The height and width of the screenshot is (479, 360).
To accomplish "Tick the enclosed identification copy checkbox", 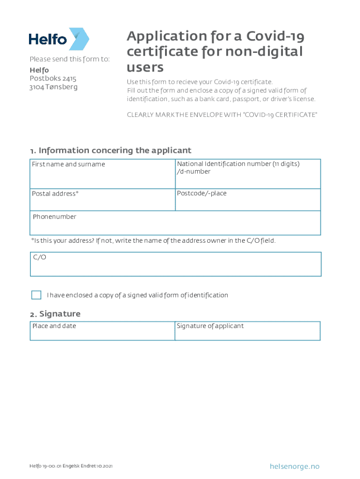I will pyautogui.click(x=36, y=295).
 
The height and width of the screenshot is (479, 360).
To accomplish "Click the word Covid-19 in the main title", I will pyautogui.click(x=274, y=36).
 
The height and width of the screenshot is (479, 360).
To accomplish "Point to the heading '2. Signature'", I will pyautogui.click(x=55, y=313).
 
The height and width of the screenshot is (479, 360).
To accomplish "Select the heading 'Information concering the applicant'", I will pyautogui.click(x=115, y=150).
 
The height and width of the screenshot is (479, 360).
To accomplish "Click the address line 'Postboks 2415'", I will pyautogui.click(x=53, y=79).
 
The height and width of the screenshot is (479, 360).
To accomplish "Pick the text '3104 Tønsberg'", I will pyautogui.click(x=53, y=87).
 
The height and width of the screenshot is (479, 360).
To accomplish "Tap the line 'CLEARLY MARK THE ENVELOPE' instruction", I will pyautogui.click(x=222, y=115).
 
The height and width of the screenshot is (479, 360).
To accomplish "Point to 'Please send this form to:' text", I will pyautogui.click(x=70, y=59).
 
